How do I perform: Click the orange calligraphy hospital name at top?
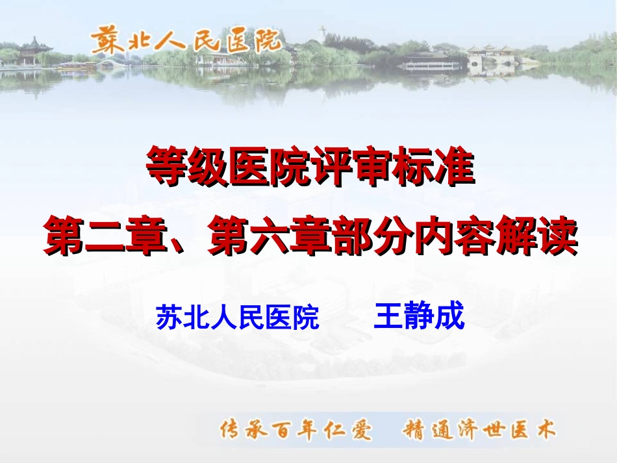click(x=186, y=40)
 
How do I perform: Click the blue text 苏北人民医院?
click(x=238, y=319)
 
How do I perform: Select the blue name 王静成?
click(x=420, y=318)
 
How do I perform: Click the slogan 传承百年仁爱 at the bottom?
click(x=297, y=429)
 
